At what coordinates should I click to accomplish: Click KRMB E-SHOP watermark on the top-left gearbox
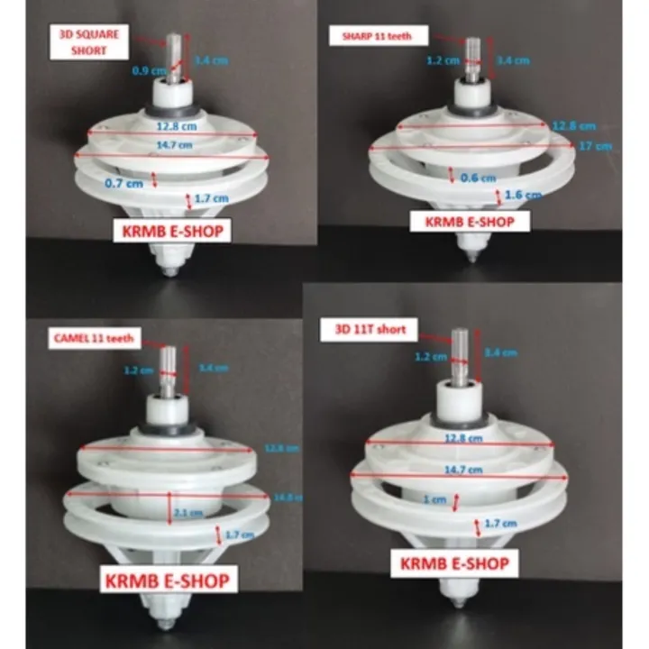pos(170,231)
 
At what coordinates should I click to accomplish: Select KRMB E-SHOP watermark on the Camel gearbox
pos(169,578)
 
